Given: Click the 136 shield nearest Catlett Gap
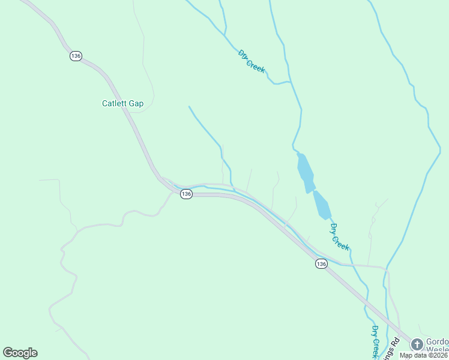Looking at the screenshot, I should click(76, 56).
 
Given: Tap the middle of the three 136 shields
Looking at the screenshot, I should click(186, 194).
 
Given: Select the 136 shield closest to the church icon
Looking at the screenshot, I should click(322, 264).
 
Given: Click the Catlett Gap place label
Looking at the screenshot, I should click(122, 103).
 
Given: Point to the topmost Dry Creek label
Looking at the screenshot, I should click(252, 61).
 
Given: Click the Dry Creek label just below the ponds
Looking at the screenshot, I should click(339, 236).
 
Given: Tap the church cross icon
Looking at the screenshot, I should click(417, 344).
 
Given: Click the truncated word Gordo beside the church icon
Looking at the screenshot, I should click(438, 340).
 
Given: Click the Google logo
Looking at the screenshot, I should click(20, 353).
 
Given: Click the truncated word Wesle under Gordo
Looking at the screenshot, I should click(438, 349).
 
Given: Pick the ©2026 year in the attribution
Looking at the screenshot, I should click(438, 355).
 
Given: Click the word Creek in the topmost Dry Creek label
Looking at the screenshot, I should click(256, 65).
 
